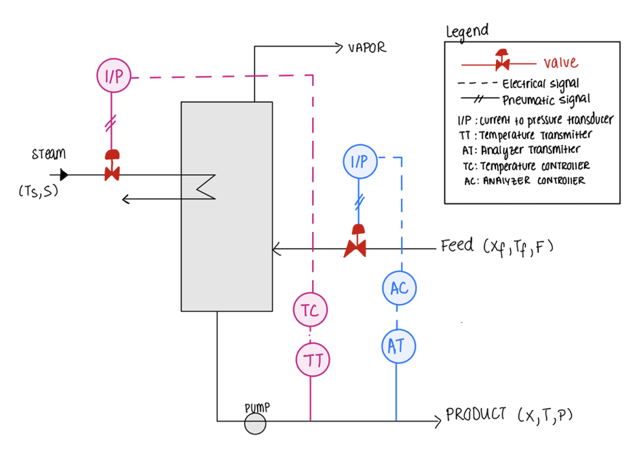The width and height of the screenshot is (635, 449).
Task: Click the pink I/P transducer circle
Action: coord(114,75)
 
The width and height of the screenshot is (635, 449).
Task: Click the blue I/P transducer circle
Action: coord(360,161)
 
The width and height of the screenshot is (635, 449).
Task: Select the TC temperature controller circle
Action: coord(310,310)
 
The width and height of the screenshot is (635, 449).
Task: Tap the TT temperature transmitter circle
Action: coord(313,359)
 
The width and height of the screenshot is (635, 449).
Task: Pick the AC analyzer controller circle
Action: coord(399,288)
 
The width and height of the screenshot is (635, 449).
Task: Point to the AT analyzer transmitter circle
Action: coord(398,346)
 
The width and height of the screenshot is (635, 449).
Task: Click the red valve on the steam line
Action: coord(112,165)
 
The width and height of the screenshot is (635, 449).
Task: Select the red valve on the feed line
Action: coord(355,241)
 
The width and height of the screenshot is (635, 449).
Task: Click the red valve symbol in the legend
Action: coord(502,60)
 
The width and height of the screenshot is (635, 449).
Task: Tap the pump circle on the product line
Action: coord(255,424)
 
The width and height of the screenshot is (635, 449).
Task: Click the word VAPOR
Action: coord(367,47)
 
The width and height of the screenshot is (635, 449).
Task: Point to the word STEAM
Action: coord(49,153)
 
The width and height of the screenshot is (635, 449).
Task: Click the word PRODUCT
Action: coord(476,414)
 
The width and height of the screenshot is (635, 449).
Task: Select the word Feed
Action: coord(457,245)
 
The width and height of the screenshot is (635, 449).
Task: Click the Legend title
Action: coord(467,31)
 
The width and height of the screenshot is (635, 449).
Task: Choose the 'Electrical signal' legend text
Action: coord(541,84)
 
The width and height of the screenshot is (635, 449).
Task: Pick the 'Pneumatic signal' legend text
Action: coord(546,100)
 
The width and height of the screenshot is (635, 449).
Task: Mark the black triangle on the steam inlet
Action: coord(64,175)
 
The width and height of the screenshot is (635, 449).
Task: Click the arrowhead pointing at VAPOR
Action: coord(339,47)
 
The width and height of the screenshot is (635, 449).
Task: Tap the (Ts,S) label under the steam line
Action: coord(39,191)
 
